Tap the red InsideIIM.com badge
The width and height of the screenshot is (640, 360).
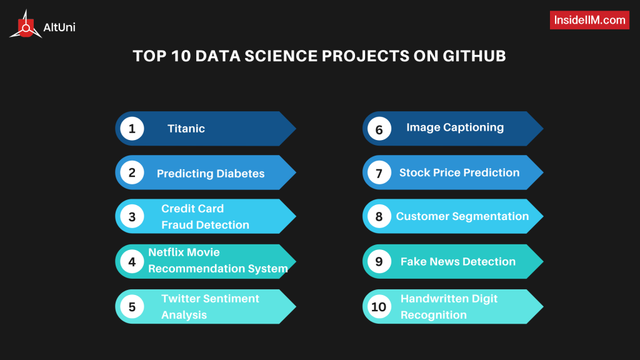coord(589,20)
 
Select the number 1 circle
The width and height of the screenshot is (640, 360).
coord(132,129)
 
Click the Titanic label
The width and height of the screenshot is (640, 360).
coord(186,129)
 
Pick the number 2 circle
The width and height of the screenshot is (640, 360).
coord(132,173)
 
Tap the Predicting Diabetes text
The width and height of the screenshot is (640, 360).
coord(211,174)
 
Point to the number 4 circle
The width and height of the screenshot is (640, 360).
coord(132,262)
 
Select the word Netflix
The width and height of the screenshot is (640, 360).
coord(166,252)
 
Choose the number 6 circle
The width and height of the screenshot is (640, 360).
coord(379,129)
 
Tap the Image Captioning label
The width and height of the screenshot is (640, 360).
coord(455,127)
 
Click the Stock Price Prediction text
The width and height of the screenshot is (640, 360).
coord(459,172)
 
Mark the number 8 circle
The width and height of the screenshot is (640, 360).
coord(379,217)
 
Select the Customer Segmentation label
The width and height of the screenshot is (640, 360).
coord(462,216)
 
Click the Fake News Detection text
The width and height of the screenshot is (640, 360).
coord(458,261)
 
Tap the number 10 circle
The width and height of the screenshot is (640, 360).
coord(379,307)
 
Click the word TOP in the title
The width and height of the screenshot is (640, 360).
coord(148,56)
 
